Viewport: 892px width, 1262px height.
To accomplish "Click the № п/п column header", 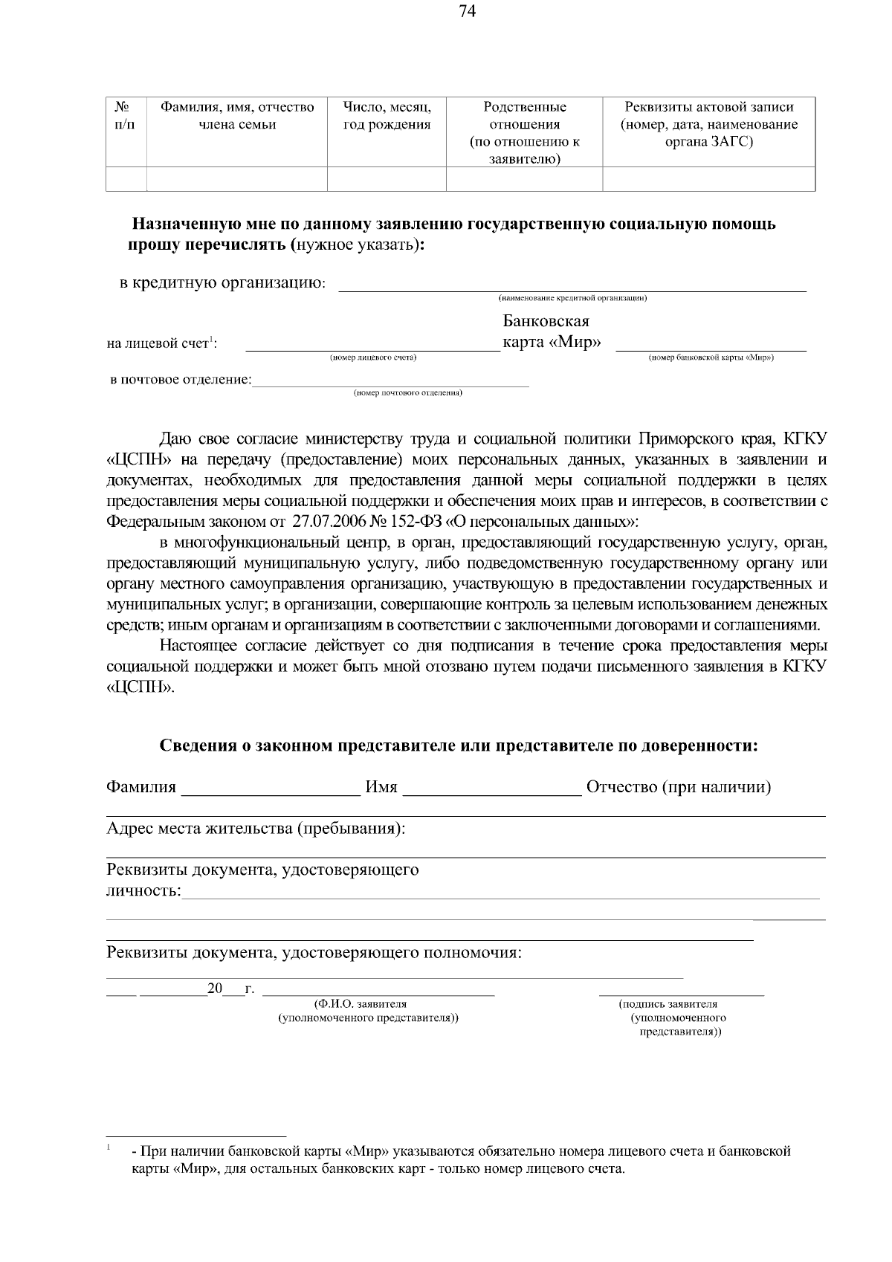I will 126,116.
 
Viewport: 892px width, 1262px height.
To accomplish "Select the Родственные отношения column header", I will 524,132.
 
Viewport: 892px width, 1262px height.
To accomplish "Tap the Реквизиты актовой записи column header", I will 708,124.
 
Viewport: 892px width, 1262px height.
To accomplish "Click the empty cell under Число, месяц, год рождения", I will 387,179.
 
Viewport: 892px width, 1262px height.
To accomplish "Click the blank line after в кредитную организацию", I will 572,286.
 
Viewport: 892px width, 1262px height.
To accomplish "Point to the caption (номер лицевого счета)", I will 372,358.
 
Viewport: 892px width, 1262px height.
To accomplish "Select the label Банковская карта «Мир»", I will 551,331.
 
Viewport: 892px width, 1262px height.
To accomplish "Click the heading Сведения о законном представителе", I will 459,745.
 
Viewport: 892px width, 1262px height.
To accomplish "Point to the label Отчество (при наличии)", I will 678,787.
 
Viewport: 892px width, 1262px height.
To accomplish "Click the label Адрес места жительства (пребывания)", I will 256,828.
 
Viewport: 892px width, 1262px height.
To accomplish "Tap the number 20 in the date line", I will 215,988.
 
